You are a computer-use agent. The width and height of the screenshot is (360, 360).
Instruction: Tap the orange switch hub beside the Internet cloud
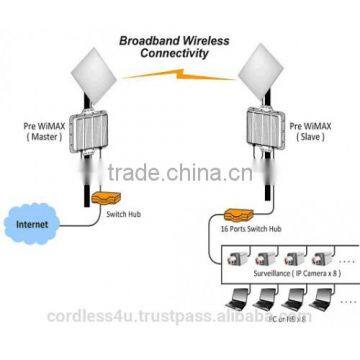pos(100,200)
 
